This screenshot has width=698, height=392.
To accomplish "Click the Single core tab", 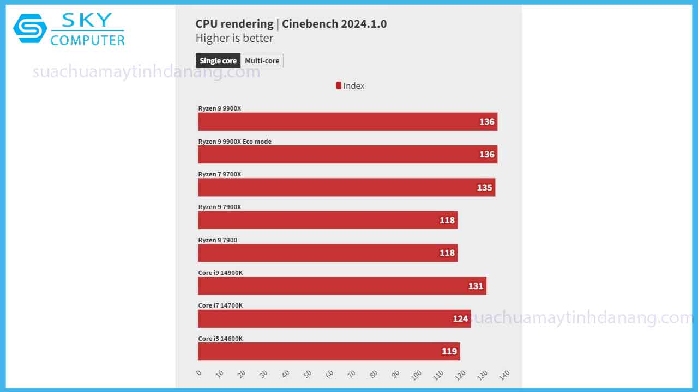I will (x=218, y=60).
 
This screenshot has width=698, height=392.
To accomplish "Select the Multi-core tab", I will (x=262, y=60).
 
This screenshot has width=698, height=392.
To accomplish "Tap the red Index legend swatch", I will (x=339, y=85).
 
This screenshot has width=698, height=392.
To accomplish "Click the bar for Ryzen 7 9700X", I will (x=346, y=187).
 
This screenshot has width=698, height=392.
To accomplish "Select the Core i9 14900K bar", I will (x=342, y=286).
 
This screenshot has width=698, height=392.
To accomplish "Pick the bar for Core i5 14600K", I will (x=329, y=351).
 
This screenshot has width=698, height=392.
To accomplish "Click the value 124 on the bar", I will (x=460, y=318).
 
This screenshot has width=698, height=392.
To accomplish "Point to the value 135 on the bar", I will (x=484, y=187).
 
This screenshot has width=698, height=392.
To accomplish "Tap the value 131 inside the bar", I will (x=476, y=286).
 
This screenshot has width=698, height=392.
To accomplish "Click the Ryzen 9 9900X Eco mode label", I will (x=234, y=142).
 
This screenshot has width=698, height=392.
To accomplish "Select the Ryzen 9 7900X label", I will (x=219, y=207).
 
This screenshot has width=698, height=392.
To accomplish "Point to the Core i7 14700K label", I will (x=220, y=305).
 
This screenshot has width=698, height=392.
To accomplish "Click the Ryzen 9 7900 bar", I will (x=328, y=253).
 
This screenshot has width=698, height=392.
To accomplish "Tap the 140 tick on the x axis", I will (x=504, y=375).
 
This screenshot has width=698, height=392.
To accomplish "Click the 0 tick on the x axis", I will (x=198, y=373).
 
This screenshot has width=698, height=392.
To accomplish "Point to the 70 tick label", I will (x=352, y=375).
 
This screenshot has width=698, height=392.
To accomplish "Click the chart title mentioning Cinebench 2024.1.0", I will (x=291, y=24).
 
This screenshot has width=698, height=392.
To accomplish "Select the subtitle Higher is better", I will (x=234, y=38).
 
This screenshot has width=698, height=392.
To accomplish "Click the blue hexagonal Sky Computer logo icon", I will (x=30, y=28).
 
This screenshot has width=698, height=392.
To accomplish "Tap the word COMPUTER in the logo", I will (x=87, y=40).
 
